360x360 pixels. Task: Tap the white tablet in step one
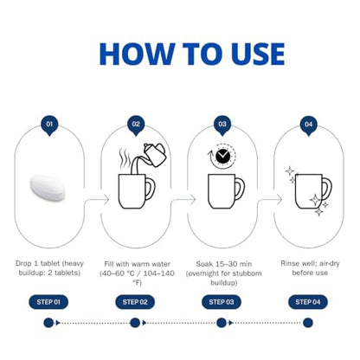48,188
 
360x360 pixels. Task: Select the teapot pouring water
155,155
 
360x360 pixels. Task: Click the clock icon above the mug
223,156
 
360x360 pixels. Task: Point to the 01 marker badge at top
49,125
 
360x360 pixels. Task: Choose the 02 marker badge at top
136,125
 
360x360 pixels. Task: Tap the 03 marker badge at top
222,125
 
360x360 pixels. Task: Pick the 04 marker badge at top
308,125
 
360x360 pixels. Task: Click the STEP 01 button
48,302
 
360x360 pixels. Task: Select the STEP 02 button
135,302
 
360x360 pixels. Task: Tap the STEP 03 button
222,302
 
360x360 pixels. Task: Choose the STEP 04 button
308,302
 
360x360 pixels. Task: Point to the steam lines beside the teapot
125,158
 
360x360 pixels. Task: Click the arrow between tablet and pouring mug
97,199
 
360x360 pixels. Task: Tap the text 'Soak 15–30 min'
224,264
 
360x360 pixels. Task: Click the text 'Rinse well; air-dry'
310,264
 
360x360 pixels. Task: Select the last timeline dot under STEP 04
308,323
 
